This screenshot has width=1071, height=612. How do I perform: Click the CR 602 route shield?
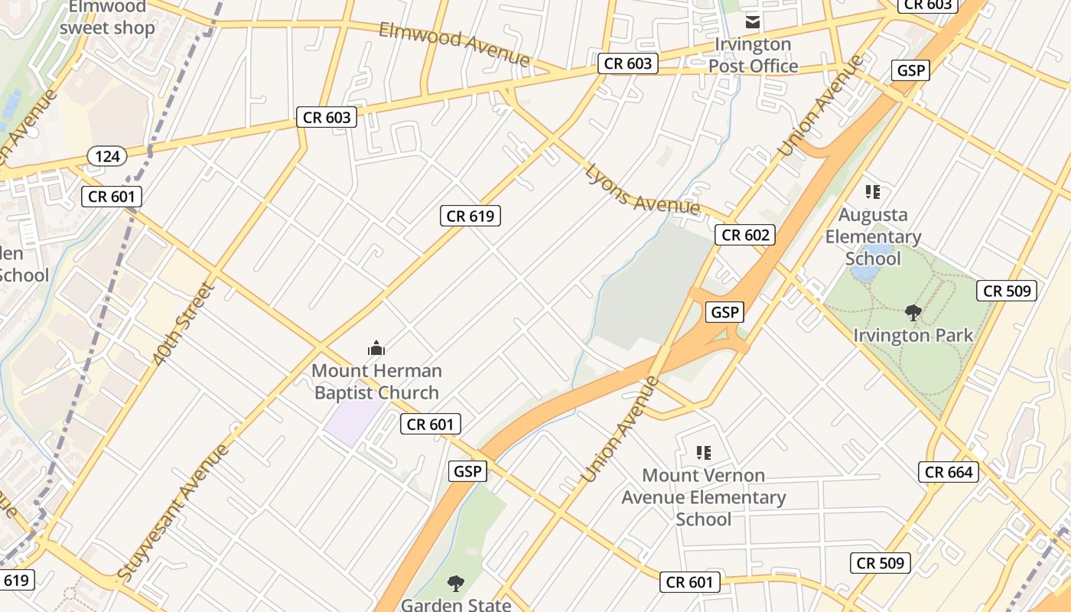745,235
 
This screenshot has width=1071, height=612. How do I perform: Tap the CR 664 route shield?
949,472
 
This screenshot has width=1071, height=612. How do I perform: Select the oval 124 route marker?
108,156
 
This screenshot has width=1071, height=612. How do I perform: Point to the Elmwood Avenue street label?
454,43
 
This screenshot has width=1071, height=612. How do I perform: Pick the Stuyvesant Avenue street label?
174,511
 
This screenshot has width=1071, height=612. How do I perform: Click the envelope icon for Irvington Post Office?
754,21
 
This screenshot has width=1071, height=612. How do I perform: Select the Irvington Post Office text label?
754,55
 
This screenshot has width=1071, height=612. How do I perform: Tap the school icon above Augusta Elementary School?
873,191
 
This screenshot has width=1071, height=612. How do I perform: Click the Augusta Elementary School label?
873,236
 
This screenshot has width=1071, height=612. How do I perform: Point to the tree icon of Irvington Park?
913,312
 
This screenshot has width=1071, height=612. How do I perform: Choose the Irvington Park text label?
913,335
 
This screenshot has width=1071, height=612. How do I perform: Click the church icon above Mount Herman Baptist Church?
376,349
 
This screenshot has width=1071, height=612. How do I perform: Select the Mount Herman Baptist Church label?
376,382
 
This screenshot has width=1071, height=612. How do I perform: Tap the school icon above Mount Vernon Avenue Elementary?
704,453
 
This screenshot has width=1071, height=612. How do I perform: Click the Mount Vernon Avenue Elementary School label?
704,497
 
